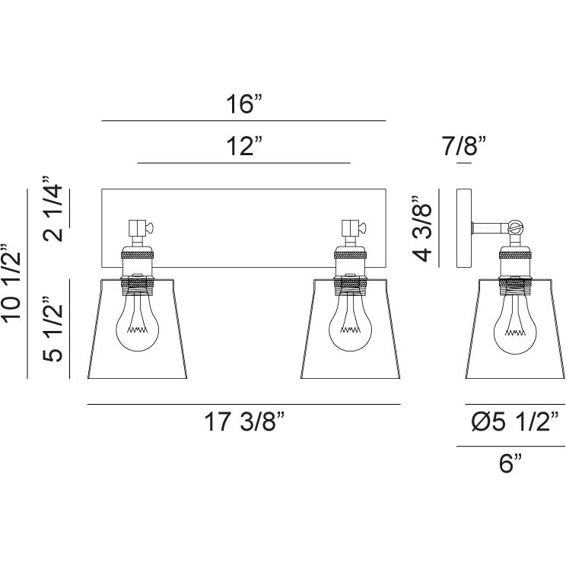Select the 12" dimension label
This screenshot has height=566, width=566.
pos(243,146)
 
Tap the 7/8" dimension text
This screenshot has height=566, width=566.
pos(464,146)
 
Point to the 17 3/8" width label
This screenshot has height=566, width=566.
pos(245,421)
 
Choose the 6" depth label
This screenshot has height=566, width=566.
pos(510,463)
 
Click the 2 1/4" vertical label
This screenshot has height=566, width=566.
pos(52,208)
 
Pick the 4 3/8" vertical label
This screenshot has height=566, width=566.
pos(422,229)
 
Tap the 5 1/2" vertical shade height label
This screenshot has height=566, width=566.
pos(52,329)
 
